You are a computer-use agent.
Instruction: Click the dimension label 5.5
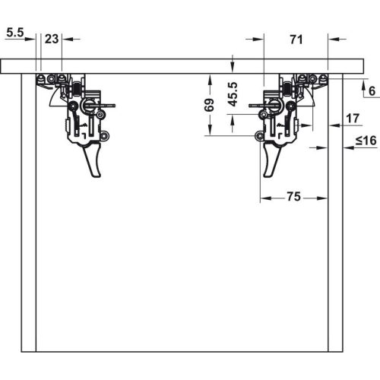pos(15,33)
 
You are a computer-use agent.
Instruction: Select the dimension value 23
pos(52,39)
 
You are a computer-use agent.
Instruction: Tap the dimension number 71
pos(296,40)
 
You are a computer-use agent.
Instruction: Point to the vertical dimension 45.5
pos(233,94)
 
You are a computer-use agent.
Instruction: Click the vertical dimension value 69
pos(209,105)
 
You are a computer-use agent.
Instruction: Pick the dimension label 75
pos(293,196)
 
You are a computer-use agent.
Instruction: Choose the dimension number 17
pos(353,119)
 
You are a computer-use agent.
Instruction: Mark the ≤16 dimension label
pos(366,141)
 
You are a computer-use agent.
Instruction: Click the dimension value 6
pos(372,91)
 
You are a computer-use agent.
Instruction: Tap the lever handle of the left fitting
pos(93,160)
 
